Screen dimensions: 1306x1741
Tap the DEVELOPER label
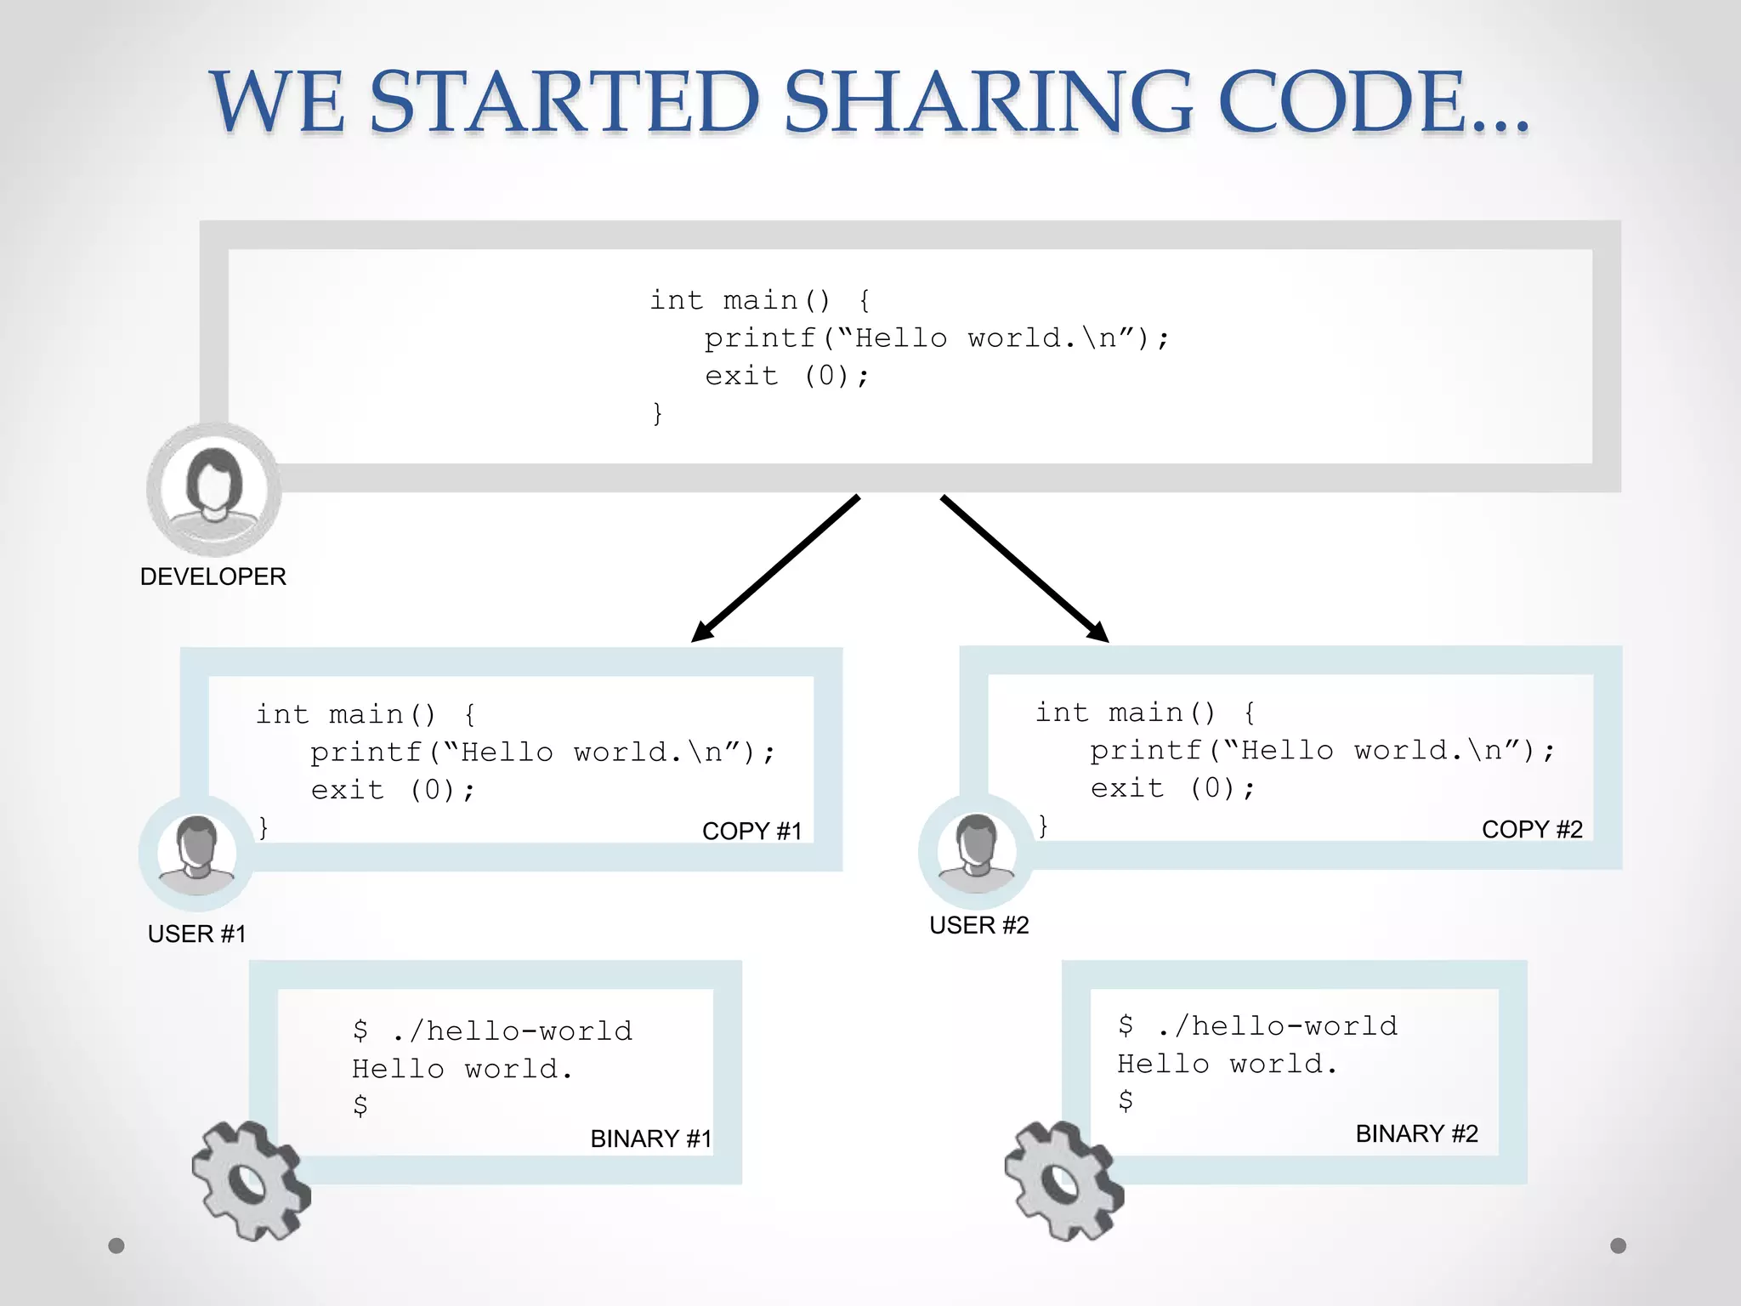point(213,576)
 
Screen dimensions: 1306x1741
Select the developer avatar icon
point(213,489)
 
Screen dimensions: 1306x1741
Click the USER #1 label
point(196,934)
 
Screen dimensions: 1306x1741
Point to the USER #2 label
point(978,925)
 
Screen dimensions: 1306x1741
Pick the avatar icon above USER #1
point(196,853)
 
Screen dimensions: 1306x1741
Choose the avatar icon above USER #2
point(976,851)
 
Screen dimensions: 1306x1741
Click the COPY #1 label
point(751,831)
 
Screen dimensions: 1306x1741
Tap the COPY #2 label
point(1532,829)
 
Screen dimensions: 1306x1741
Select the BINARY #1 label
point(650,1138)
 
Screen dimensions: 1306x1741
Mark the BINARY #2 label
point(1416,1133)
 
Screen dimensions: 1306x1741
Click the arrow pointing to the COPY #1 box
point(775,568)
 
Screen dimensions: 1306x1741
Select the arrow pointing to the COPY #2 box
point(1024,568)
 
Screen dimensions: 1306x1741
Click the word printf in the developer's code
point(760,338)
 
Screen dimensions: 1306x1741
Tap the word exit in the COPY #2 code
point(1126,788)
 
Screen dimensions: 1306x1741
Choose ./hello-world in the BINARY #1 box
point(513,1031)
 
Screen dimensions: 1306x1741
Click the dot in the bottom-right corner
point(1618,1246)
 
